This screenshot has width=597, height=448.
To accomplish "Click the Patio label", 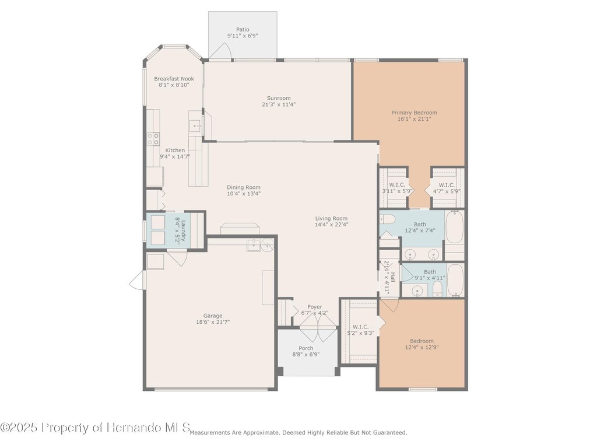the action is coord(243,29).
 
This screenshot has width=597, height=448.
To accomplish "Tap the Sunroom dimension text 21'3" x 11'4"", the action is coord(279,104).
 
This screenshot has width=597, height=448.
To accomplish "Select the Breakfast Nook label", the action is coord(174,79).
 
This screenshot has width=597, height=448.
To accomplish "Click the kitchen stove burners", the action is coord(153,139).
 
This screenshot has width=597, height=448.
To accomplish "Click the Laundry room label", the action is coord(183,231).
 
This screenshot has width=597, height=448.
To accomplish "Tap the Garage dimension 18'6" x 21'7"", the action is coord(213,322).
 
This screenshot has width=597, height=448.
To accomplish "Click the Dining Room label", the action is coord(244,187).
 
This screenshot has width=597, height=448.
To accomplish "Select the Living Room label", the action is coord(331,219).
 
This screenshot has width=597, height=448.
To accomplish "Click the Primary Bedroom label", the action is coord(415,113).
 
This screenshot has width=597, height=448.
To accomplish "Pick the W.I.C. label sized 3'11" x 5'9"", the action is coord(397,185).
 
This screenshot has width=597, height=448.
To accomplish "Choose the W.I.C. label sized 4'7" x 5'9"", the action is coord(447,185).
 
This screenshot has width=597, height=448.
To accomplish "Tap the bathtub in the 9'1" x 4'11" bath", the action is coord(455,281).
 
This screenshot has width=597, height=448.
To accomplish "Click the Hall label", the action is coord(392,277).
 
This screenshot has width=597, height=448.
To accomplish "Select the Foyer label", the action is coord(315,307).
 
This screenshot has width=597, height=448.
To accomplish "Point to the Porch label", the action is coord(306,348).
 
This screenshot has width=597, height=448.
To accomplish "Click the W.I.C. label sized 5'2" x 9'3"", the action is coord(360,327).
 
